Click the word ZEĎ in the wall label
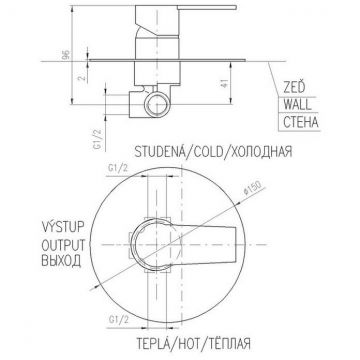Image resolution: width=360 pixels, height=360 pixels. tap(294, 88)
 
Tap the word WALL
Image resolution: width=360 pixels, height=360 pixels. tap(297, 105)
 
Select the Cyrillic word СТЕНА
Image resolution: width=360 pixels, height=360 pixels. tap(301, 122)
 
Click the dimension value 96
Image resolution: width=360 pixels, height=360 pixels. tap(66, 54)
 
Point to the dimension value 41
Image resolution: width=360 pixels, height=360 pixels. tap(225, 83)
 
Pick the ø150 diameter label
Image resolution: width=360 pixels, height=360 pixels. tap(252, 189)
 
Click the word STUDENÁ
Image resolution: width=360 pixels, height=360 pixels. tap(159, 152)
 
